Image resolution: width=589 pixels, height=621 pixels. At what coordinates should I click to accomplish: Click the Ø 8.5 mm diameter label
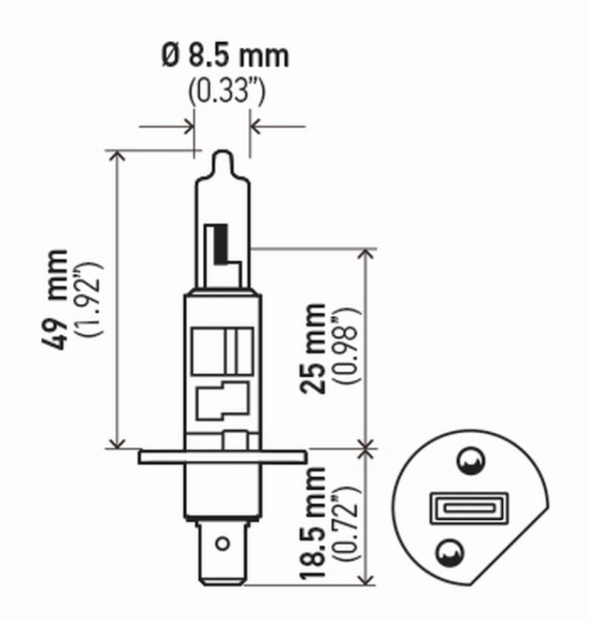225,56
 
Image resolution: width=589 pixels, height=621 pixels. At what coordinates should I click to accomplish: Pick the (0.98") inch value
346,348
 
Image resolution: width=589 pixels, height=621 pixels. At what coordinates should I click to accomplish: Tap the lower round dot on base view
450,550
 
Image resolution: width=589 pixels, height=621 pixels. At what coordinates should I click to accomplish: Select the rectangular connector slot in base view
459,507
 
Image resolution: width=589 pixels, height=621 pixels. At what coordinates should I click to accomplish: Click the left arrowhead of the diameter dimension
188,126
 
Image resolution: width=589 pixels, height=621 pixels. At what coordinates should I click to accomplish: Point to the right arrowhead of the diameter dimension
256,126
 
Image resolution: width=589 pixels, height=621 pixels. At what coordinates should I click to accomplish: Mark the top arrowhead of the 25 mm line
366,253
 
